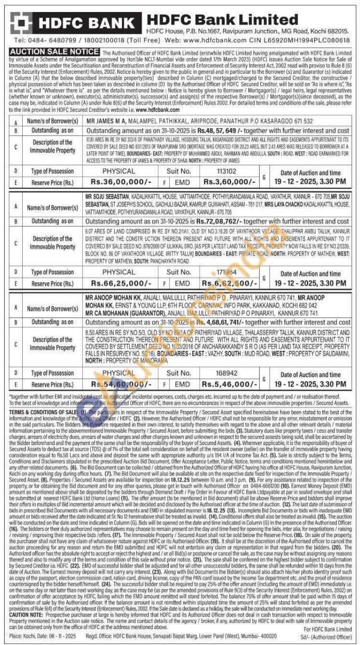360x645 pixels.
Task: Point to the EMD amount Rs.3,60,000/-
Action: click(x=229, y=182)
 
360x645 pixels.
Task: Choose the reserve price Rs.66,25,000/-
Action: click(x=118, y=283)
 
